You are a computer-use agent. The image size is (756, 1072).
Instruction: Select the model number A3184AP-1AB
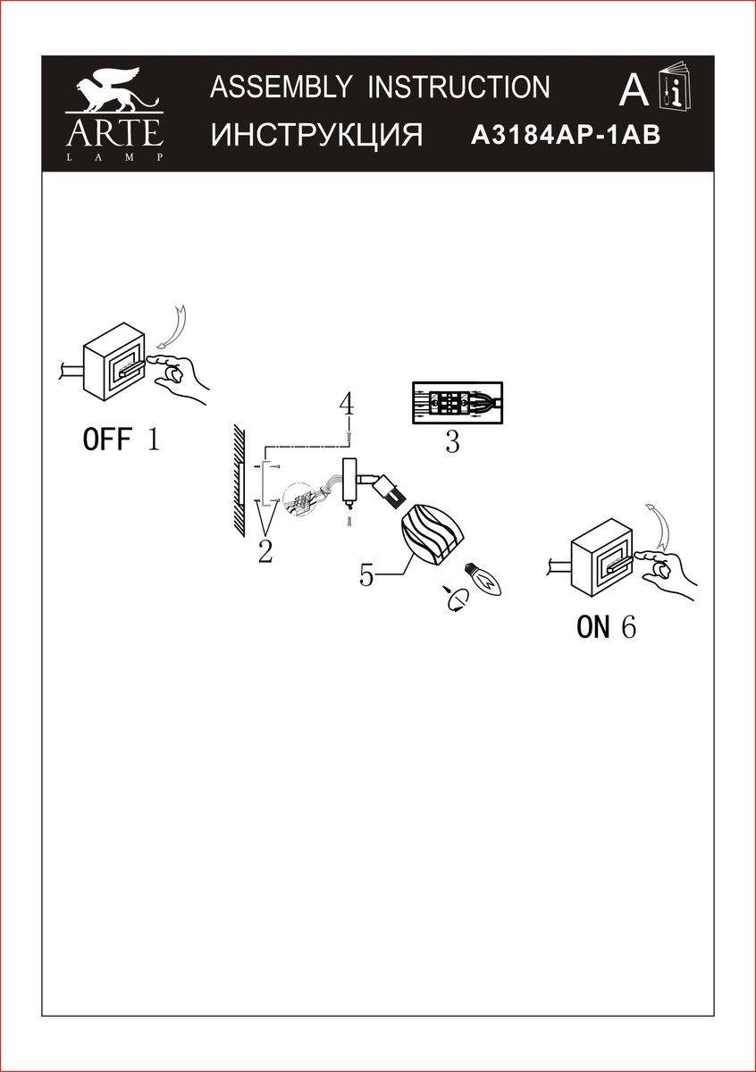click(565, 136)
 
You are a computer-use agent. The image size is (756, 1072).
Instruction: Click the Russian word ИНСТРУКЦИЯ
click(316, 136)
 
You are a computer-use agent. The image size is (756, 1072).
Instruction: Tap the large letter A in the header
click(633, 90)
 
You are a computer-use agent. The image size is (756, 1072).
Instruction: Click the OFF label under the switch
click(107, 440)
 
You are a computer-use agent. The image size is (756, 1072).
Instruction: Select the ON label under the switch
click(592, 628)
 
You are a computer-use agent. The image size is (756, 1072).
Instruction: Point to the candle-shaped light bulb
click(485, 582)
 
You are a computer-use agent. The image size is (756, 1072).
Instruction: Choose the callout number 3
click(452, 442)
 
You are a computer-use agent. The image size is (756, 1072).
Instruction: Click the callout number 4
click(347, 404)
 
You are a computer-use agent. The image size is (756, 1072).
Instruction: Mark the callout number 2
click(265, 552)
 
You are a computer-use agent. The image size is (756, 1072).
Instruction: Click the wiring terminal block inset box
click(457, 404)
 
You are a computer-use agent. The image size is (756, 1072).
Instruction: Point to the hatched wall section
click(238, 481)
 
